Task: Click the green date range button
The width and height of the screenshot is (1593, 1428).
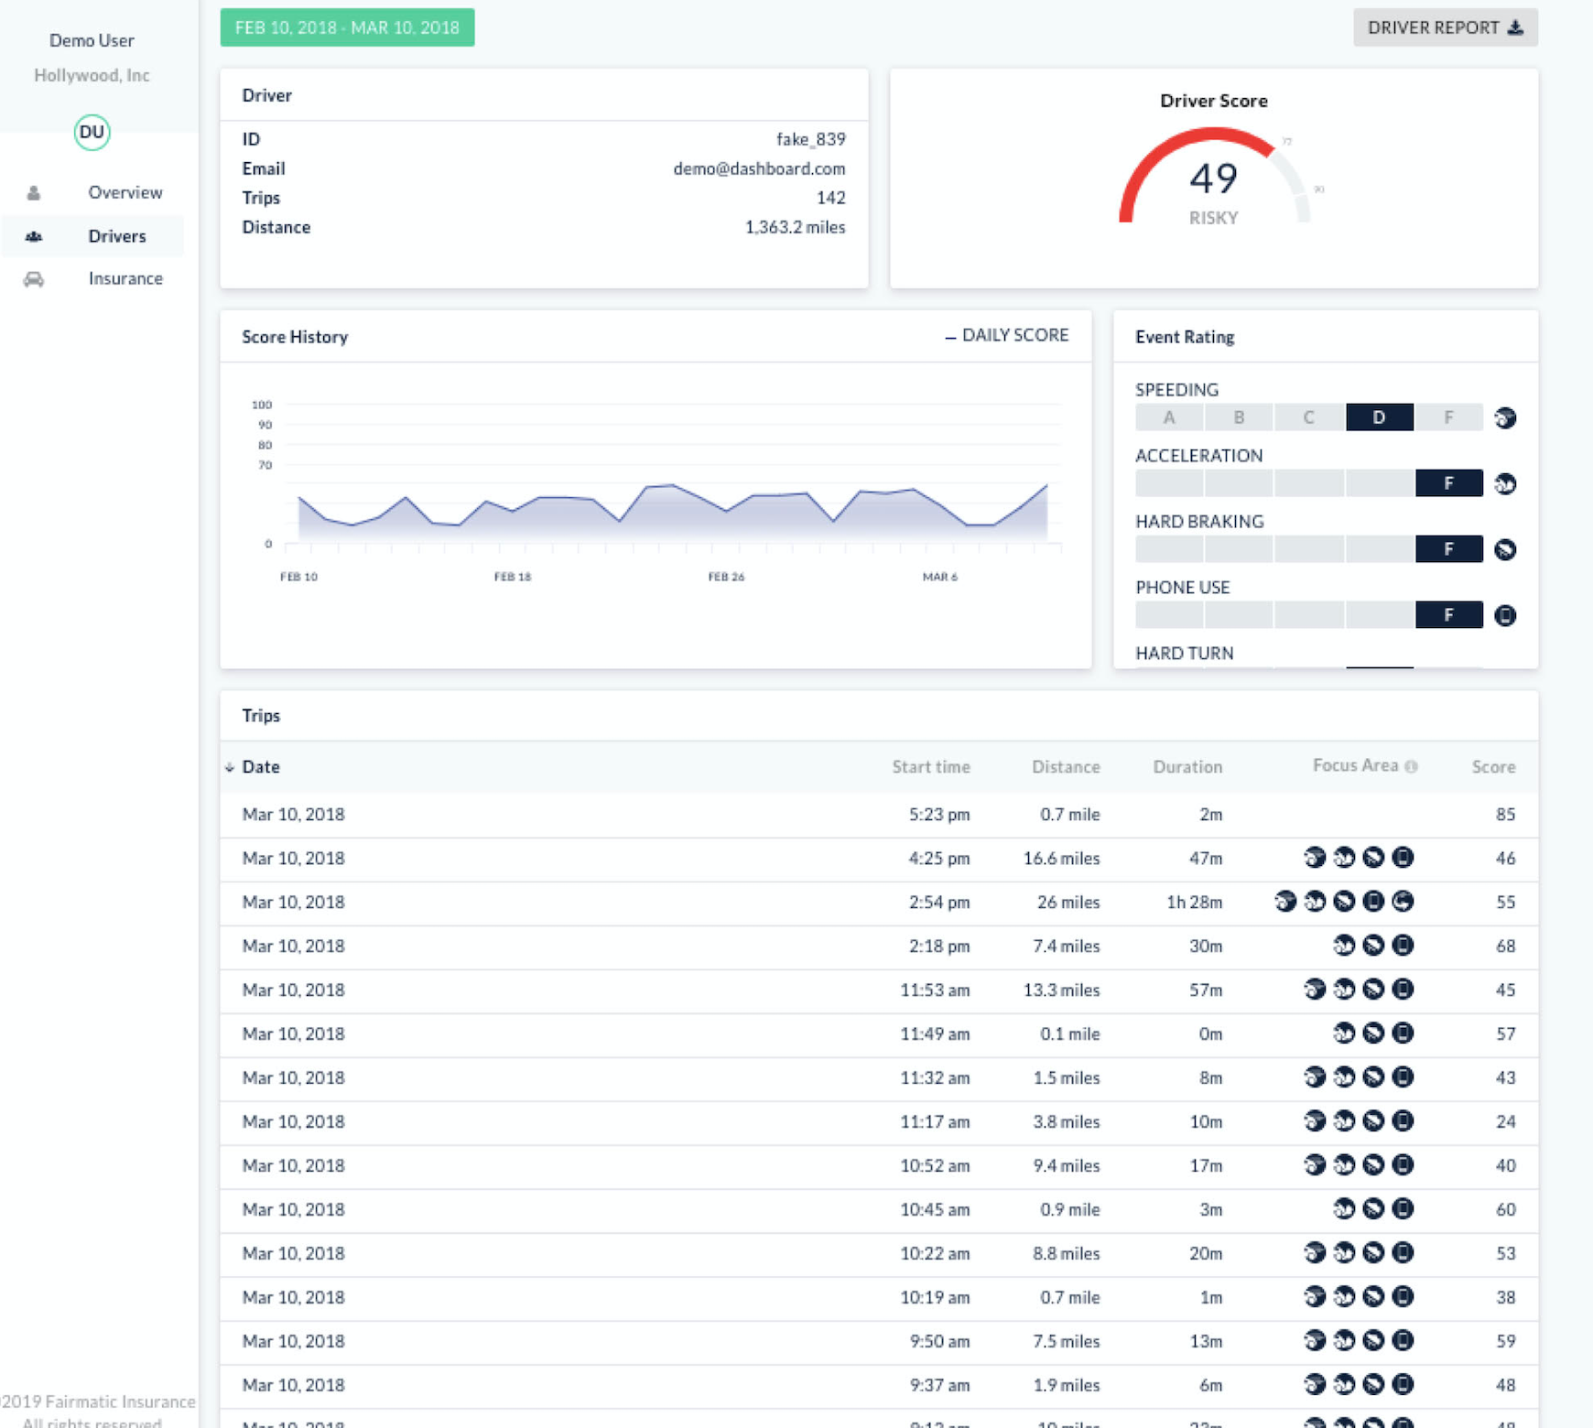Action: pyautogui.click(x=347, y=27)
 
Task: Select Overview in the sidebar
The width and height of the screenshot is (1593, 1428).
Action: pyautogui.click(x=125, y=192)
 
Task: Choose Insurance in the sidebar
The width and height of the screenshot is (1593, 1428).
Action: pyautogui.click(x=125, y=278)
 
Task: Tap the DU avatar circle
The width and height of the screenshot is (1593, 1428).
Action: pyautogui.click(x=92, y=132)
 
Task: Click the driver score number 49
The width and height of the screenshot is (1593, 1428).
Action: pyautogui.click(x=1213, y=178)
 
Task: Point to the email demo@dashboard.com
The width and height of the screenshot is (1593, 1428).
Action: pyautogui.click(x=759, y=168)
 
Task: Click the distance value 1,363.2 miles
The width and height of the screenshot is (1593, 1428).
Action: pyautogui.click(x=795, y=227)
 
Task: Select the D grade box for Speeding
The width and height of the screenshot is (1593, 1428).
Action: pyautogui.click(x=1379, y=417)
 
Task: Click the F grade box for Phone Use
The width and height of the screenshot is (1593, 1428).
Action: pyautogui.click(x=1448, y=615)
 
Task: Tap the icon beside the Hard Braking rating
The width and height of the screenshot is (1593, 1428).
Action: pyautogui.click(x=1505, y=549)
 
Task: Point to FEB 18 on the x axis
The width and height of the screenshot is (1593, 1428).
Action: pyautogui.click(x=512, y=577)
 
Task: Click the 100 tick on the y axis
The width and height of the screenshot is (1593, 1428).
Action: pyautogui.click(x=262, y=405)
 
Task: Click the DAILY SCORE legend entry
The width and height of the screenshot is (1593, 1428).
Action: pyautogui.click(x=1007, y=335)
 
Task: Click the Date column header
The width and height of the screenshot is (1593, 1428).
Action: pyautogui.click(x=260, y=767)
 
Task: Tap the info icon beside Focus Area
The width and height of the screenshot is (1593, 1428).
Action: pyautogui.click(x=1411, y=766)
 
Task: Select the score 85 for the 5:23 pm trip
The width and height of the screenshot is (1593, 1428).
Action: pyautogui.click(x=1505, y=814)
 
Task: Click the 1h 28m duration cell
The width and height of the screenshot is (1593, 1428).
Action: pyautogui.click(x=1194, y=902)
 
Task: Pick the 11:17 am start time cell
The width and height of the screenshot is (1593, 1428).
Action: pyautogui.click(x=934, y=1121)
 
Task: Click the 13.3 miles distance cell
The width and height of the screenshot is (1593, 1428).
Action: pyautogui.click(x=1061, y=990)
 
